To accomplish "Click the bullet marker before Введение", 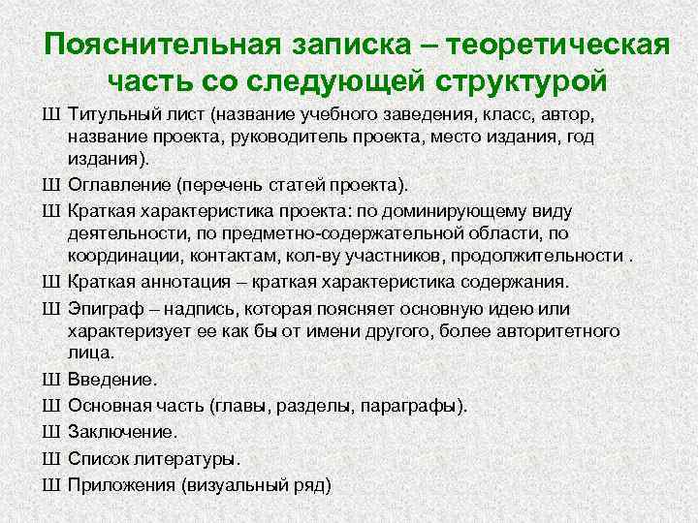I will click(52, 380).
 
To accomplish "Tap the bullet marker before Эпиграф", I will click(52, 308).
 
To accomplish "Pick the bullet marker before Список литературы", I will click(52, 458).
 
